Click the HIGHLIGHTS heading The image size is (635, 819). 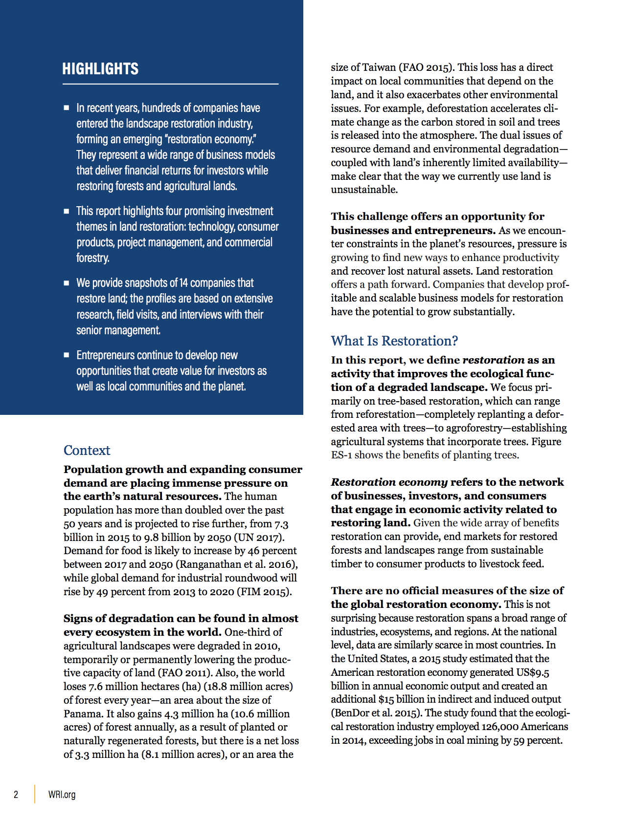tap(100, 69)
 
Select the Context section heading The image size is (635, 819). tap(87, 450)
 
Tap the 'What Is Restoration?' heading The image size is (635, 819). tap(394, 341)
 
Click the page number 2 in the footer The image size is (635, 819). tap(16, 794)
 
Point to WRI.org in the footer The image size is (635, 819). tap(62, 794)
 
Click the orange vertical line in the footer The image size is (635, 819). tap(35, 794)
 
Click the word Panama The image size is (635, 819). tap(83, 714)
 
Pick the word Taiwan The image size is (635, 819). tap(379, 67)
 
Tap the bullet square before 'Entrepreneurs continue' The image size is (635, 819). tap(67, 355)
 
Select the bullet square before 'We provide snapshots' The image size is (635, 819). tap(67, 283)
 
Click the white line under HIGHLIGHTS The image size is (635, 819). tap(170, 84)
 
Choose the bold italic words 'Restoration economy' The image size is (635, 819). tap(389, 482)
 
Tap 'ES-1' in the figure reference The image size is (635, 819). tap(341, 455)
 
